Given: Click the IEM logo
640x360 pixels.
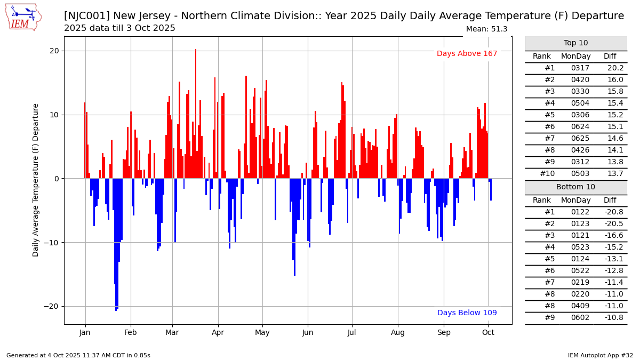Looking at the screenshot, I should click(22, 17).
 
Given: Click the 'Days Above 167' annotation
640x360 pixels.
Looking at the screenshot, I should click(467, 54).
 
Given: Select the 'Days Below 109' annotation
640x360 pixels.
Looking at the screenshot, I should click(467, 313).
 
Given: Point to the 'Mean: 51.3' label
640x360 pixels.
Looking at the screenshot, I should click(486, 29).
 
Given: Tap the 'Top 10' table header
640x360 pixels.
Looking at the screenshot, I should click(575, 43).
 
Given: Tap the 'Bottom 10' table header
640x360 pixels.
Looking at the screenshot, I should click(575, 187).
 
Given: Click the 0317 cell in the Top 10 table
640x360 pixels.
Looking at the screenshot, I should click(575, 68).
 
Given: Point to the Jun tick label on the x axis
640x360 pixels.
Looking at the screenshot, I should click(307, 332).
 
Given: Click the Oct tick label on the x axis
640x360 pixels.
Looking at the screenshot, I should click(488, 332).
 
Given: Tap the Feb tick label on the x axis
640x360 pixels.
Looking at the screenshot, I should click(131, 332).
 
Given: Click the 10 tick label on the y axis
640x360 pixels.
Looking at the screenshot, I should click(55, 115).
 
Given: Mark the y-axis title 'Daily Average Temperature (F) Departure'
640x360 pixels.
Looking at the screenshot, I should click(36, 180).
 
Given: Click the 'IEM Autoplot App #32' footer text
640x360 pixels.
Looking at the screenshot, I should click(600, 355).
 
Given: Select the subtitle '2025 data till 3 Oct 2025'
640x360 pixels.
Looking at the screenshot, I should click(119, 28).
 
